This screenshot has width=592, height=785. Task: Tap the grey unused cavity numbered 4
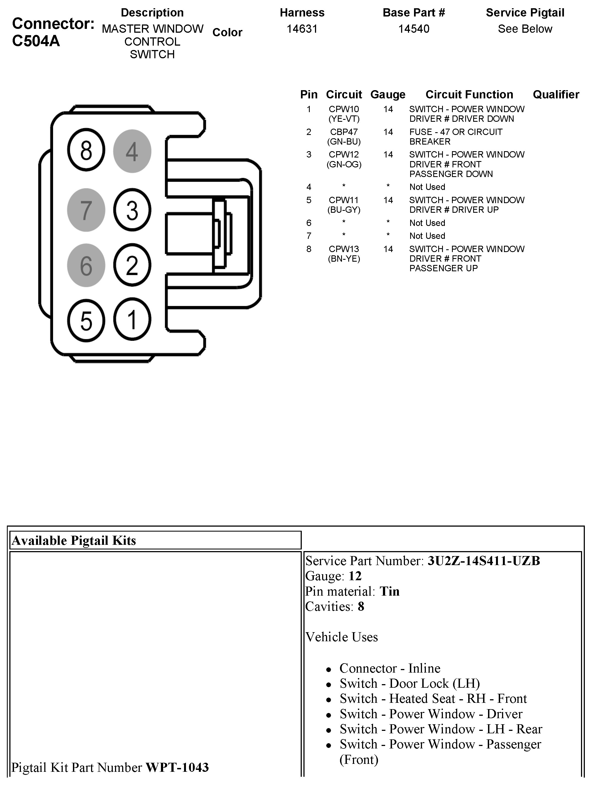(132, 151)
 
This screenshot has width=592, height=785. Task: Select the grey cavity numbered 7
(86, 210)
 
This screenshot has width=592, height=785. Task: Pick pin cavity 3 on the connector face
(132, 210)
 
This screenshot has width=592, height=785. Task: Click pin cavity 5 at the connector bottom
(86, 320)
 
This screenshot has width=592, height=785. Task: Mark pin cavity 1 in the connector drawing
(132, 319)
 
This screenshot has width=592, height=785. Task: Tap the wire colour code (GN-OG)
(344, 164)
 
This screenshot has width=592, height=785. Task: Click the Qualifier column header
(556, 94)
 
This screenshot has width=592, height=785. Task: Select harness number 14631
(302, 29)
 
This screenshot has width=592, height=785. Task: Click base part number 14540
(413, 29)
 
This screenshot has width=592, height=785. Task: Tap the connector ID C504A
(36, 41)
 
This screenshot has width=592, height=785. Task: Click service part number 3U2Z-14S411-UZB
(483, 561)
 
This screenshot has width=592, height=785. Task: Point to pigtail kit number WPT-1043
(177, 767)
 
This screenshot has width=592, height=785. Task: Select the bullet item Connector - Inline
(390, 668)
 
